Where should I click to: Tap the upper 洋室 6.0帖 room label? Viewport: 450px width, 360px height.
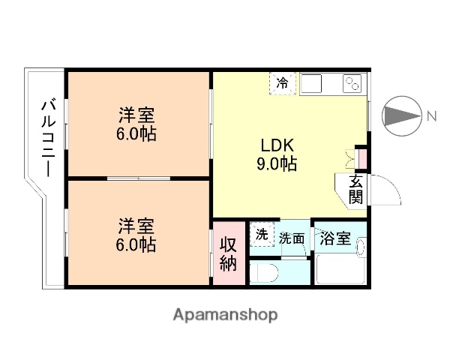pyautogui.click(x=136, y=124)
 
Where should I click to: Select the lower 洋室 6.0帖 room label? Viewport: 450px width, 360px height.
pyautogui.click(x=136, y=234)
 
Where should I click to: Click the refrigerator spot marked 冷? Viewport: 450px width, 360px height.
pyautogui.click(x=282, y=83)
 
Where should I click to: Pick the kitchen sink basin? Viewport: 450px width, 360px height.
pyautogui.click(x=313, y=83)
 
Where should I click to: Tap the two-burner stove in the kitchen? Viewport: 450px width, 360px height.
pyautogui.click(x=352, y=84)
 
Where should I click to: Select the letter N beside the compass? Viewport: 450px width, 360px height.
pyautogui.click(x=431, y=116)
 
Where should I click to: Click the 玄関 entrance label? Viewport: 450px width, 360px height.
pyautogui.click(x=355, y=190)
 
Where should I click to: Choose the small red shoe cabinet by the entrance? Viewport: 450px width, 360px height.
pyautogui.click(x=361, y=157)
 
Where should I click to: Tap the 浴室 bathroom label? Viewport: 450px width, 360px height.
pyautogui.click(x=334, y=238)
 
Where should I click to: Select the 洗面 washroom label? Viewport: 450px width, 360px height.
pyautogui.click(x=292, y=238)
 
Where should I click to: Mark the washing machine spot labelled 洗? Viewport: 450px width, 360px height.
pyautogui.click(x=262, y=234)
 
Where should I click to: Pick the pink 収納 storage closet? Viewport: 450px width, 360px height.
pyautogui.click(x=229, y=253)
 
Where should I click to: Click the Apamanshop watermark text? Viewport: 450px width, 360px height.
pyautogui.click(x=225, y=315)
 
